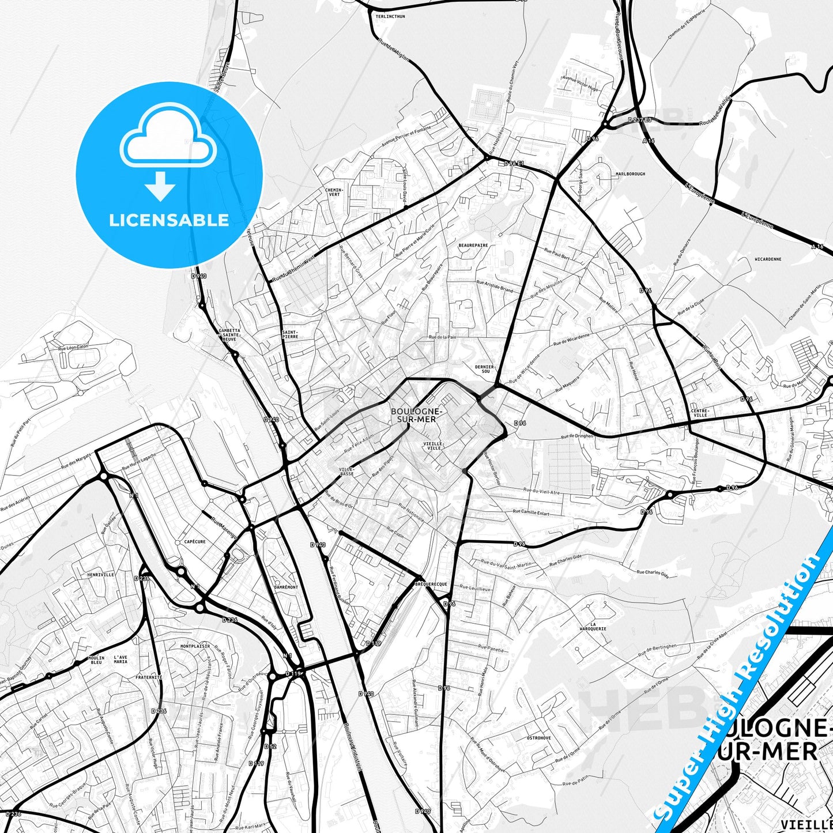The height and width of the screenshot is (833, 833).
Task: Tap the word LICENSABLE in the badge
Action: pyautogui.click(x=169, y=220)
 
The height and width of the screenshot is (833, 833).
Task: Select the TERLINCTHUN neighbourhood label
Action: pyautogui.click(x=390, y=17)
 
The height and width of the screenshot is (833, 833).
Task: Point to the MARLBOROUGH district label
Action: pyautogui.click(x=630, y=174)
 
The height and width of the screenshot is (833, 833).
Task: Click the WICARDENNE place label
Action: pyautogui.click(x=767, y=259)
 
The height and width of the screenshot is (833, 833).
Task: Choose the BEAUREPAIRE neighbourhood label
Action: pyautogui.click(x=473, y=245)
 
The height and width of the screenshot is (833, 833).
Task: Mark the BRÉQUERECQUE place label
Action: pyautogui.click(x=431, y=585)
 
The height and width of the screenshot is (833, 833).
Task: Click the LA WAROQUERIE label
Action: pyautogui.click(x=593, y=627)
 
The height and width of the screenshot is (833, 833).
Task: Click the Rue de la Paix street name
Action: pyautogui.click(x=442, y=337)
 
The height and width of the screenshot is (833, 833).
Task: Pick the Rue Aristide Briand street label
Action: pyautogui.click(x=495, y=287)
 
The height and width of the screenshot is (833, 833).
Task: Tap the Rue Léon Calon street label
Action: pyautogui.click(x=73, y=347)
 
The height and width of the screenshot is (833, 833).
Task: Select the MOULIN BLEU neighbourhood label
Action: pyautogui.click(x=96, y=660)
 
